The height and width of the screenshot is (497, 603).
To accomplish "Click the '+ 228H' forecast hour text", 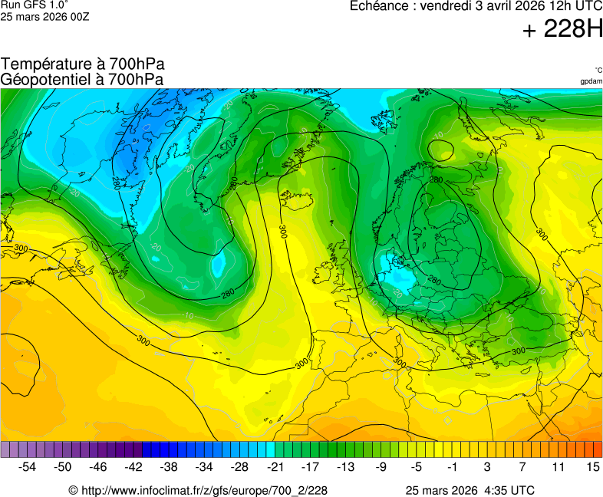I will (x=562, y=29).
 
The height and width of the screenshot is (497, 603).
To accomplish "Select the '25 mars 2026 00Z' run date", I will (x=44, y=16).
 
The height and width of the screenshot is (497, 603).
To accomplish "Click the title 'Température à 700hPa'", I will (x=83, y=64).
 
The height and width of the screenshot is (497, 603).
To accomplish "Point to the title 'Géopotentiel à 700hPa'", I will (x=81, y=79).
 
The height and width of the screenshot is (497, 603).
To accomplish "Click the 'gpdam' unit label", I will (x=591, y=81).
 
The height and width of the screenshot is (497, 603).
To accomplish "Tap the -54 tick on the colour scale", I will (x=28, y=466).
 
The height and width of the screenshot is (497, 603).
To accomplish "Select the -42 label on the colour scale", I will (x=133, y=466).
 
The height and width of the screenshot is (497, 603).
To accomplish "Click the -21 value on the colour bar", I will (x=275, y=466).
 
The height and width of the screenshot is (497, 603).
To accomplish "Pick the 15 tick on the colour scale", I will (x=592, y=466).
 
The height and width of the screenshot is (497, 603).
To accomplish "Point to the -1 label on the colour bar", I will (x=452, y=466).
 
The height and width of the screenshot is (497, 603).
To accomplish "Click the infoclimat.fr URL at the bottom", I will (x=198, y=490).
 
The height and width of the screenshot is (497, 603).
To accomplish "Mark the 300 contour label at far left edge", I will (x=21, y=248).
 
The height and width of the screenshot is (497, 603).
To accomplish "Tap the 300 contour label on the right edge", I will (x=542, y=232).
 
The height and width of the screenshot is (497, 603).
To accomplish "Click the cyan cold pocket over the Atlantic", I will (x=219, y=265).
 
